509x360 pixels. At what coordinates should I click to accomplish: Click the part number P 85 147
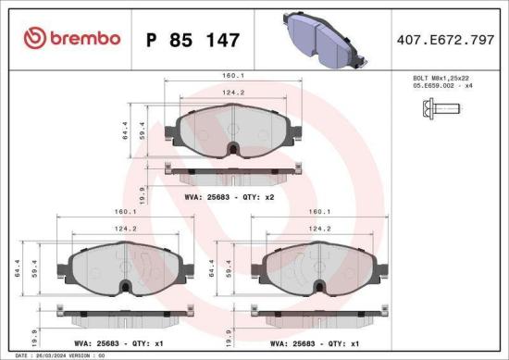tap(193, 40)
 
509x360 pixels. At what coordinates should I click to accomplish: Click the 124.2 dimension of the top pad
tap(231, 92)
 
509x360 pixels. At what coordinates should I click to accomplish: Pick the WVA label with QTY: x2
tap(230, 197)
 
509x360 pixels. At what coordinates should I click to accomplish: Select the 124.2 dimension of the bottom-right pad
tap(320, 229)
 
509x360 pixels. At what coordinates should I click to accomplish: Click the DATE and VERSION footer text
tap(56, 354)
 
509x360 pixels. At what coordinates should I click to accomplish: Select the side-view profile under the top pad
tap(231, 170)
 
